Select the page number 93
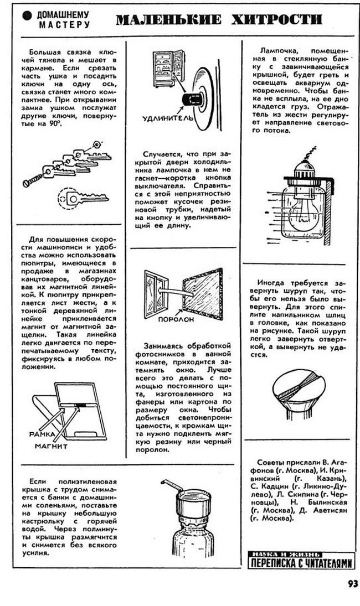coord(352,583)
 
